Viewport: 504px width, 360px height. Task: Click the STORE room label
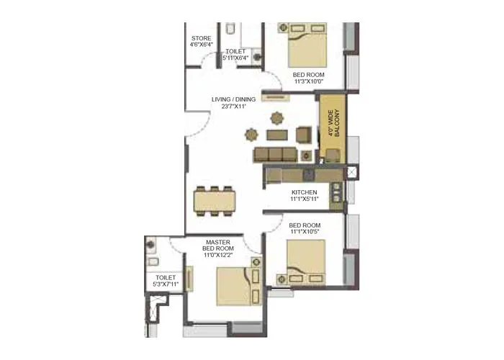[x=201, y=39]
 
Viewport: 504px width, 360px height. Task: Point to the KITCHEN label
[x=304, y=193]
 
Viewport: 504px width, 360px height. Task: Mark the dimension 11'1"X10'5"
[x=305, y=232]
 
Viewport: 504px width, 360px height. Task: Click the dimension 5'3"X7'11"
[x=166, y=285]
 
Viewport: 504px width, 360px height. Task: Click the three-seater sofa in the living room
[x=274, y=155]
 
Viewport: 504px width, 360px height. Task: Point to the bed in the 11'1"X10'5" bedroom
[x=305, y=261]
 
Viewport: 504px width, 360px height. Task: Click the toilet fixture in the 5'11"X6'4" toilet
[x=230, y=30]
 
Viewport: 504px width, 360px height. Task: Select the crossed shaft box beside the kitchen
[x=351, y=172]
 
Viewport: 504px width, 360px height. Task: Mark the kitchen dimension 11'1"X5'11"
[x=304, y=200]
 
